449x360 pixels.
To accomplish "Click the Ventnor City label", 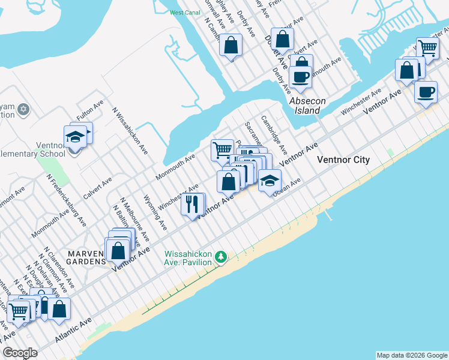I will point(343,160).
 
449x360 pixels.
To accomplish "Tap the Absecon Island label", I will point(307,106).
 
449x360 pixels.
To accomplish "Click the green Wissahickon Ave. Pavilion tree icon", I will point(221,257).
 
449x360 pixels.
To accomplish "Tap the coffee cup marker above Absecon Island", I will point(300,77).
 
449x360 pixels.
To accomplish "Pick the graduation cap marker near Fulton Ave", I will point(75,136).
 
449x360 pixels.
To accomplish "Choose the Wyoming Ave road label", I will point(155,212).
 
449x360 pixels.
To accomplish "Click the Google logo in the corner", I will point(20,353).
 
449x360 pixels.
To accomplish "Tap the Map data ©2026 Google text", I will point(411,355).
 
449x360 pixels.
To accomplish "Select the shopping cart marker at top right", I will point(427,48).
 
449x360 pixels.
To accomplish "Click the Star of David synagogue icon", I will point(23,109).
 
